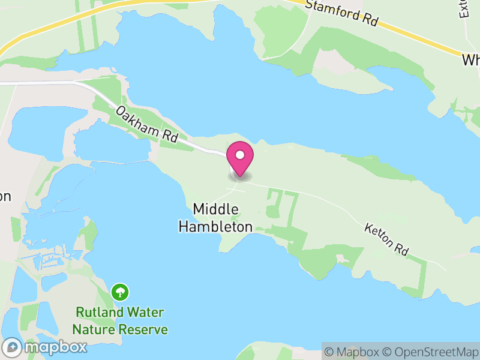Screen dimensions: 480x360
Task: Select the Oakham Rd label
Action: tap(148, 124)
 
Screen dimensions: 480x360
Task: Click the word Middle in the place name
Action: tap(216, 209)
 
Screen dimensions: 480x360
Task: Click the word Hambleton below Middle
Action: tap(215, 227)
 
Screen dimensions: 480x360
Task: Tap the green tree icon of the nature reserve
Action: tap(120, 292)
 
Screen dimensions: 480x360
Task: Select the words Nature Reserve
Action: tap(120, 329)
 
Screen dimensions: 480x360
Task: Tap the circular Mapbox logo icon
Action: tap(13, 347)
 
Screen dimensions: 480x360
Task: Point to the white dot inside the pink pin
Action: tap(240, 155)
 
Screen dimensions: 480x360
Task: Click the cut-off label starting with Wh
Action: tap(470, 61)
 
